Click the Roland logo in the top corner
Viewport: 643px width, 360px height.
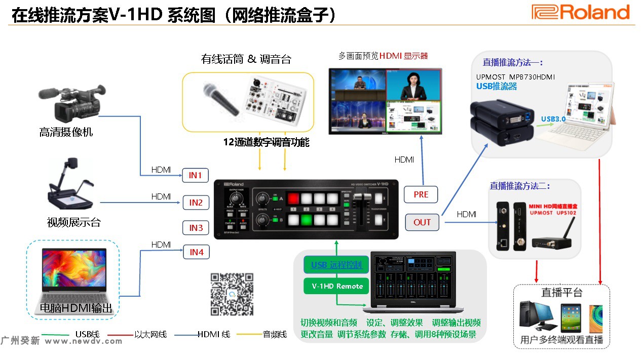580,12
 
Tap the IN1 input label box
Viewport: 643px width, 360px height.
196,176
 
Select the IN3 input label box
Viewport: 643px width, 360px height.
196,228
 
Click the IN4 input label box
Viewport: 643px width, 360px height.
196,252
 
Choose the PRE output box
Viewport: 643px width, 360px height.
421,194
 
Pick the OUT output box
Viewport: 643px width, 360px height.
422,222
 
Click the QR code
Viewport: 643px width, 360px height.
232,294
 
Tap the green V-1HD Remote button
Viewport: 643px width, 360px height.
337,286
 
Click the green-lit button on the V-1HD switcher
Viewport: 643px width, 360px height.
307,220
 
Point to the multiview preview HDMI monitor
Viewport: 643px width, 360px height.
385,101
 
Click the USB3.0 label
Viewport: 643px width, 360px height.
553,119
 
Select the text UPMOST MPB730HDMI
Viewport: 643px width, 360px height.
515,77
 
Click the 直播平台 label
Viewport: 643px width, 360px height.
562,293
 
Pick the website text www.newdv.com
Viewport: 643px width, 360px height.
84,341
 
